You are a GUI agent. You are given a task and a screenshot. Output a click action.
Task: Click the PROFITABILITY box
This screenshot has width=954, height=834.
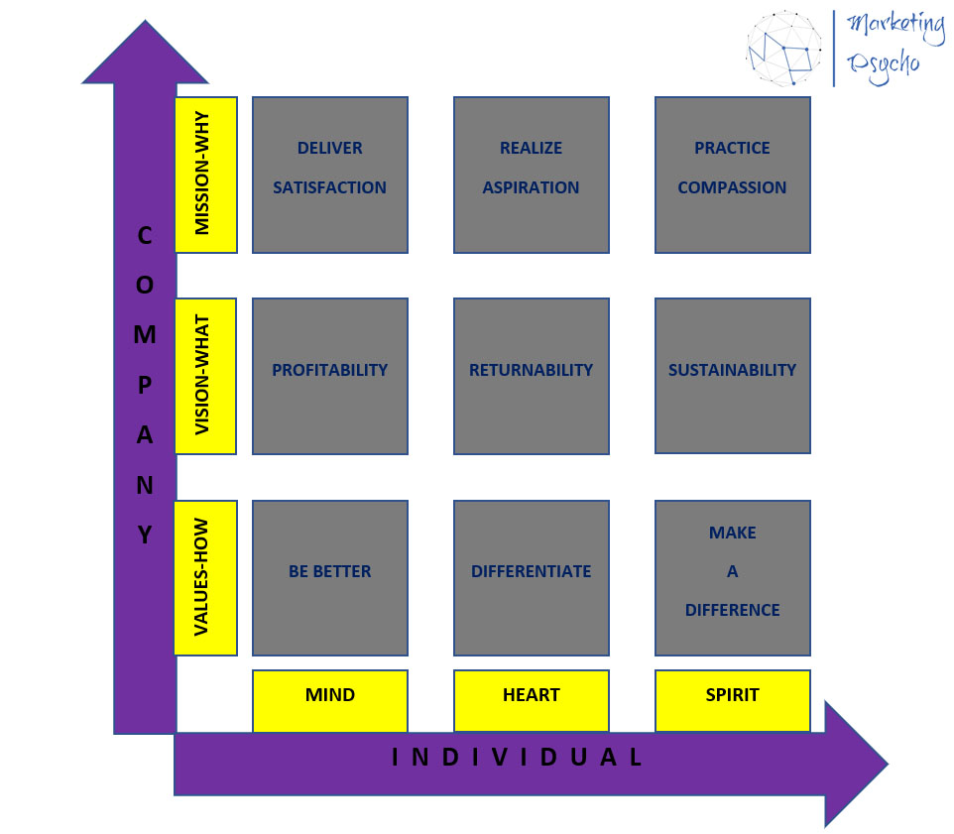tap(330, 376)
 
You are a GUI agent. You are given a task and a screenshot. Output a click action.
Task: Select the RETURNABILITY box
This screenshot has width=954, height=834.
tap(532, 376)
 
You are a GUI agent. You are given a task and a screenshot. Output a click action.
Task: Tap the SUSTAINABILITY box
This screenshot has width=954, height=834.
tap(733, 375)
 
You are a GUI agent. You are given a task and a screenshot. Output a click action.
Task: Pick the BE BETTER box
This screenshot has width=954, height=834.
tap(330, 578)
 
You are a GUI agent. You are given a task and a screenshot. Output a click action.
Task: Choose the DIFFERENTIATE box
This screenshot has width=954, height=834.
tap(532, 578)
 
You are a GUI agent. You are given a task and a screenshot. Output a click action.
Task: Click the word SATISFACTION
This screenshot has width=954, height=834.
tap(330, 187)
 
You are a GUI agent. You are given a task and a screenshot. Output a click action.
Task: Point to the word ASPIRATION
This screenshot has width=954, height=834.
tap(532, 187)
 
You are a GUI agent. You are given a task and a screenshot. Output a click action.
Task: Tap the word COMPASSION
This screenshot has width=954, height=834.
tap(733, 187)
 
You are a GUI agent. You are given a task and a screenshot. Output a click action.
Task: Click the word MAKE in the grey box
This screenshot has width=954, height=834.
tap(733, 533)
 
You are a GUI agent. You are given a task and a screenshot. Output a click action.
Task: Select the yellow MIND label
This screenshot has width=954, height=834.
tap(330, 700)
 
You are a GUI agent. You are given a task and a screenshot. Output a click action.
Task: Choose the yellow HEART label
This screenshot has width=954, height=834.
tap(532, 700)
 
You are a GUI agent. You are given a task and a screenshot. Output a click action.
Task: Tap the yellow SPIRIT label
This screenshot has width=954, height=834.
tap(733, 700)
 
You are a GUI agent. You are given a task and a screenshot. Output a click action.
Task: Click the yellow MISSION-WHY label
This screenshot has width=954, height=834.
tap(205, 175)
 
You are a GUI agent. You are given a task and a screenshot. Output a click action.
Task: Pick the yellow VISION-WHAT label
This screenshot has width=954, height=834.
tap(205, 376)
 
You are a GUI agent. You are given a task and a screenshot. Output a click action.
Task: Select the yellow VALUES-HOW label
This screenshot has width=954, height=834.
tap(205, 578)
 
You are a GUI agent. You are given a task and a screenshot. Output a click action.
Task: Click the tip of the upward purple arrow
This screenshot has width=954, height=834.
tap(145, 21)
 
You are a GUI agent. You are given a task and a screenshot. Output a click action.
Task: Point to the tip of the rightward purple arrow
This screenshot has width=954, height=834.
tap(888, 764)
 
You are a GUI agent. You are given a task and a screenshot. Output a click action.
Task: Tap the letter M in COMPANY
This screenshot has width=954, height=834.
tap(145, 334)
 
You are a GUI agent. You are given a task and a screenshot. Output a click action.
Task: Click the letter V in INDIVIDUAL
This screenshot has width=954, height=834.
tap(500, 758)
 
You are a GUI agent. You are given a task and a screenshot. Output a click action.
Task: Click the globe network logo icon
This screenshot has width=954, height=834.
tap(783, 48)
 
